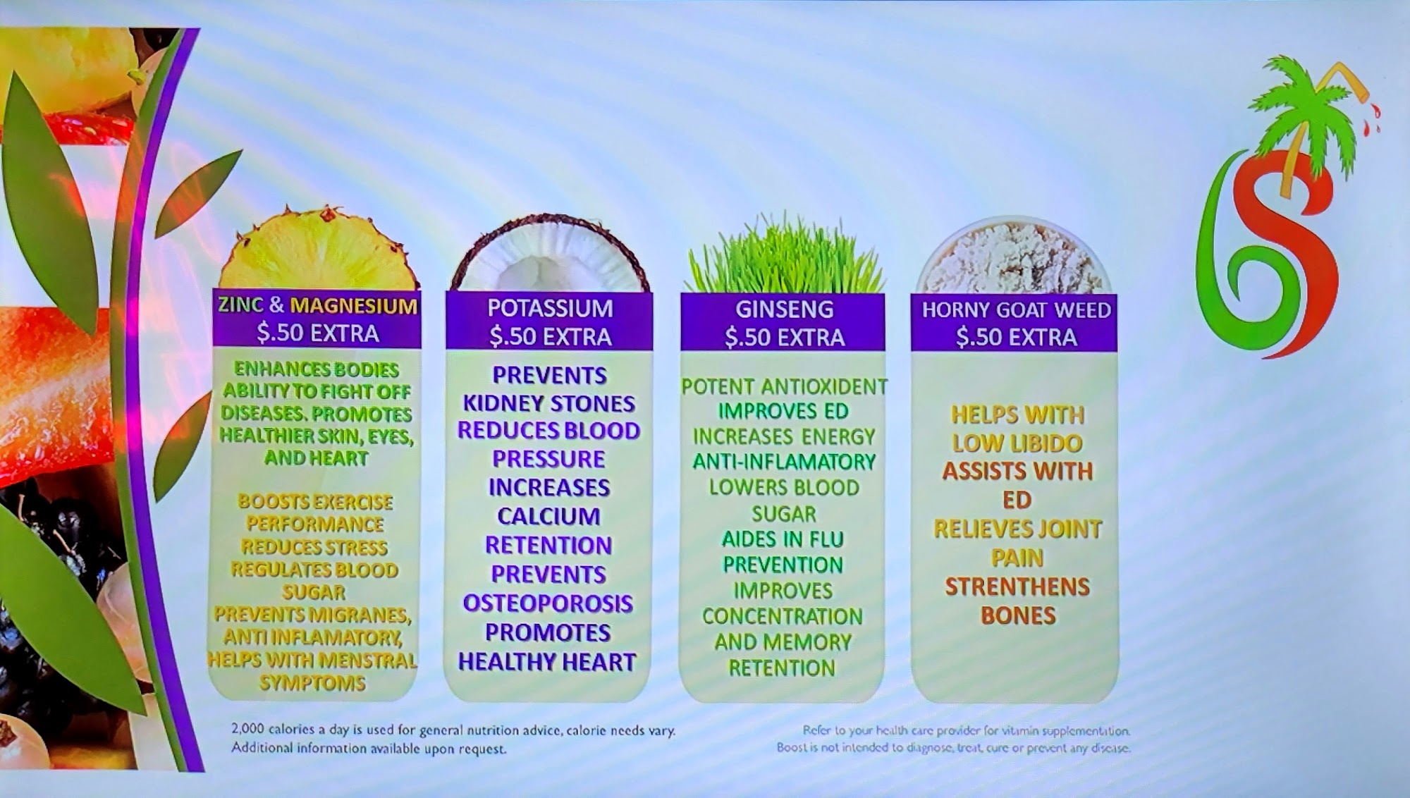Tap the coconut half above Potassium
pos(550,254)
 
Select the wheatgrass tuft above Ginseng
pos(785,255)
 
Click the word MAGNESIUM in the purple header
pos(354,306)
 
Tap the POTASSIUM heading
pos(550,308)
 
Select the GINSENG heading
pos(784,309)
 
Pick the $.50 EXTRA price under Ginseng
pos(784,338)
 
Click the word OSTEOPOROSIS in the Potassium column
pos(548,603)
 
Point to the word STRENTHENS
pos(1017,587)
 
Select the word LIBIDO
pos(1047,443)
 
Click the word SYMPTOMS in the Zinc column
pos(312,682)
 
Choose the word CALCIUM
pos(548,516)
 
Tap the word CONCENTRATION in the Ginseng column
pos(782,616)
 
